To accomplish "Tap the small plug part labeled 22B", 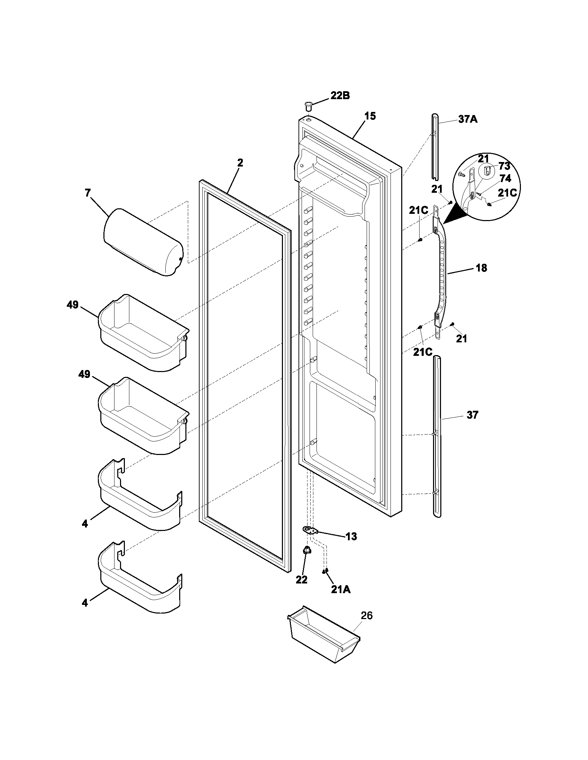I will [308, 105].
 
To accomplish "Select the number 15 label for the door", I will [370, 116].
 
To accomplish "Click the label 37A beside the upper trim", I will [468, 120].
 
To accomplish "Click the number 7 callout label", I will [88, 192].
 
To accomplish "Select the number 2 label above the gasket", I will [240, 162].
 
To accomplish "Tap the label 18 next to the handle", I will [481, 268].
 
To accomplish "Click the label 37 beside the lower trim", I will [472, 415].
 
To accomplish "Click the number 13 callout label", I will [351, 536].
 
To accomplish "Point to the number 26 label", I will [366, 615].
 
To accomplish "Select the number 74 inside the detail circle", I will [505, 178].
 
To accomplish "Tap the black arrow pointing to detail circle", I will [454, 215].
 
